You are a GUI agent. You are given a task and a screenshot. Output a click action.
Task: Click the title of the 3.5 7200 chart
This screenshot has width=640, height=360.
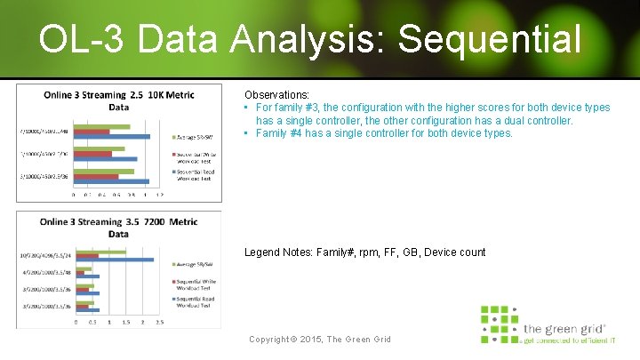[119, 227]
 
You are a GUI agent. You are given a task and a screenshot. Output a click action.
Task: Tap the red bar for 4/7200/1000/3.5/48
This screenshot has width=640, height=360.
[82, 273]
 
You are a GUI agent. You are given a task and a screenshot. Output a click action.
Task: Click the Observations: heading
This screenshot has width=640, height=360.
[277, 94]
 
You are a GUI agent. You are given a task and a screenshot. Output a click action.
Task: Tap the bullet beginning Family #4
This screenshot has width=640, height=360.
[383, 133]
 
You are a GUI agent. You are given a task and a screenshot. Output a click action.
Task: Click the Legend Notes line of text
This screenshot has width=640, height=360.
[364, 252]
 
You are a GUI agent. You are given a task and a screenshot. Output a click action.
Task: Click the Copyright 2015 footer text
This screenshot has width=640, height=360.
[320, 340]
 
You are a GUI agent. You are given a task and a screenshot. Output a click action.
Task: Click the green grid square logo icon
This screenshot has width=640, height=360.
[499, 324]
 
